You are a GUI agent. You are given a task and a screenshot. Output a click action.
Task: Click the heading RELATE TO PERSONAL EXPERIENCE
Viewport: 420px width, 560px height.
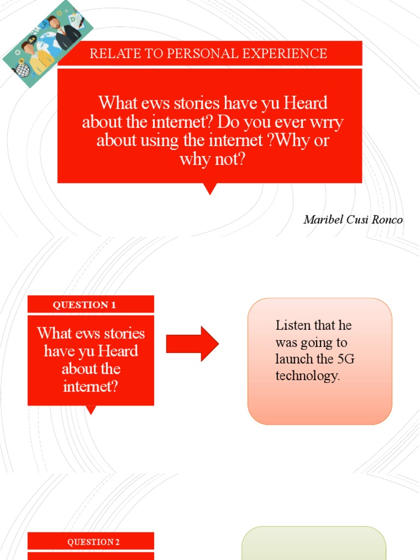pos(208,54)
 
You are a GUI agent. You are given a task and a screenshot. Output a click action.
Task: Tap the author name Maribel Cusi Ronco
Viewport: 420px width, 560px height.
pos(353,220)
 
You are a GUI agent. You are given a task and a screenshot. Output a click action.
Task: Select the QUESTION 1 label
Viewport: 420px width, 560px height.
pos(84,305)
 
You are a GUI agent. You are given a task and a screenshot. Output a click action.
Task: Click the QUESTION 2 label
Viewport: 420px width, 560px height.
pos(94,542)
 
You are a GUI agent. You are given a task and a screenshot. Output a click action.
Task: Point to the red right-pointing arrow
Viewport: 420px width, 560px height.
pos(192,343)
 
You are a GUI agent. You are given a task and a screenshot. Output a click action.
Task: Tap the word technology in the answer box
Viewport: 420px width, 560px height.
pos(307,376)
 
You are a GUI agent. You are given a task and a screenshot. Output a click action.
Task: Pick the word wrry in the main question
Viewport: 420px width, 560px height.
pos(326,121)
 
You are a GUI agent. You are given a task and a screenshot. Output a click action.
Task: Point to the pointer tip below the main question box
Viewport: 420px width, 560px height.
pos(210,190)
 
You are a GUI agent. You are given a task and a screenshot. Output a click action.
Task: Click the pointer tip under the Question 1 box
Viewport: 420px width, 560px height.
pos(91,410)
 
